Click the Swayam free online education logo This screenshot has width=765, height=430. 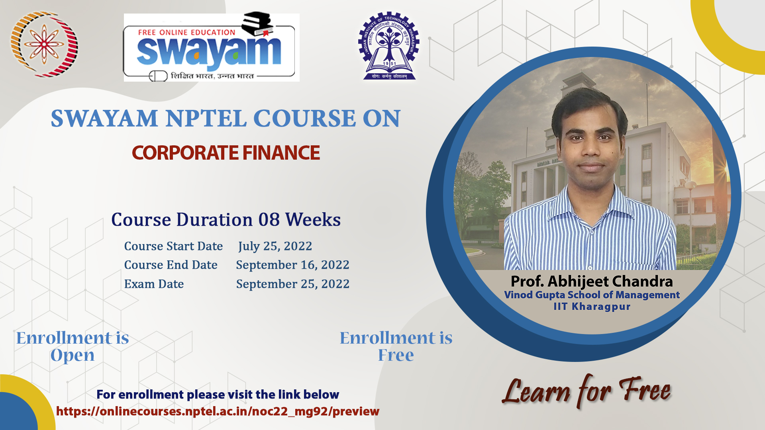point(211,47)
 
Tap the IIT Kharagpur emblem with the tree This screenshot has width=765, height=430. point(389,46)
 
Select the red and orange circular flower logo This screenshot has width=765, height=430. point(44,44)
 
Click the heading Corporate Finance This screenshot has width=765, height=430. point(226,153)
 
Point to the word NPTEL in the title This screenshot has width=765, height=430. point(206,119)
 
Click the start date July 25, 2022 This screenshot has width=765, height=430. point(275,246)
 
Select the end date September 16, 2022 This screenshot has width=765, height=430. point(292,265)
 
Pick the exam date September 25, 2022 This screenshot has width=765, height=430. point(292,284)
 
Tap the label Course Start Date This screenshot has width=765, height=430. point(173,246)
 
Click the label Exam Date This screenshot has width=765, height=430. point(154,284)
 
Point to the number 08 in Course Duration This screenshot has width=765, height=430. point(269,220)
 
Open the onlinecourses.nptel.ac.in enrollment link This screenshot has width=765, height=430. point(218,411)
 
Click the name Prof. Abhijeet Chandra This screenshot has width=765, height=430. point(592,281)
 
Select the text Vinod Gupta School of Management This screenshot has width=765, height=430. point(592,295)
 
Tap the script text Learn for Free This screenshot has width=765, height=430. point(586,391)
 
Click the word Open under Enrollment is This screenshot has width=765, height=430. point(73,355)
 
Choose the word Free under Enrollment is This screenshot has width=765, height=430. point(396,355)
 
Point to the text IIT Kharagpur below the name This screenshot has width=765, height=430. point(592,307)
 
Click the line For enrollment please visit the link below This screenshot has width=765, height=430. point(218,395)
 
